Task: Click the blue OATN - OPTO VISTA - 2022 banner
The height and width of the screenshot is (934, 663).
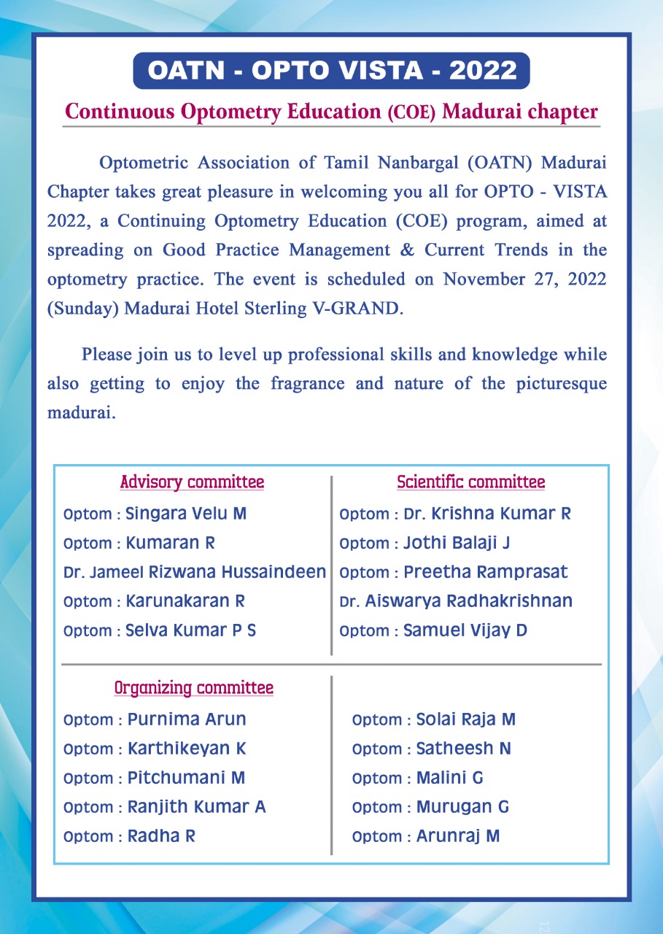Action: coord(331,71)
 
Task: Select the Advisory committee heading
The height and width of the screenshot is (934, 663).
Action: coord(192,482)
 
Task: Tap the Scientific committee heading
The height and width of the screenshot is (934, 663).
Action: coord(470,482)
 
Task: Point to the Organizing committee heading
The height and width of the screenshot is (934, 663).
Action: coord(193,688)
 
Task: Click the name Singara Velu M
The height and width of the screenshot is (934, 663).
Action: coord(186,514)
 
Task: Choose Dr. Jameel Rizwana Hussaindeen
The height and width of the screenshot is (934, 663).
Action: coord(195,572)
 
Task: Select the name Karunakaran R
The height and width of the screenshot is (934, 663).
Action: coord(185,601)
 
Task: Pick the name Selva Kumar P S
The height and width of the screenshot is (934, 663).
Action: coord(191,630)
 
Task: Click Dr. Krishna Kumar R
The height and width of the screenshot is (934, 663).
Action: coord(487,514)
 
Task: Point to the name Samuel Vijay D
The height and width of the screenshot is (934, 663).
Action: coord(465,630)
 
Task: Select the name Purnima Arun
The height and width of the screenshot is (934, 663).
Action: coord(187,719)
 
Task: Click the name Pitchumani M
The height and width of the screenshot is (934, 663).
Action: coord(186,778)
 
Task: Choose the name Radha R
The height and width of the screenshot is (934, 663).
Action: coord(161,836)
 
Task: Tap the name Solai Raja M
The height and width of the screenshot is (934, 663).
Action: coord(465,719)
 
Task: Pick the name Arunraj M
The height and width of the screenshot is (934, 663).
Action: coord(458,836)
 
